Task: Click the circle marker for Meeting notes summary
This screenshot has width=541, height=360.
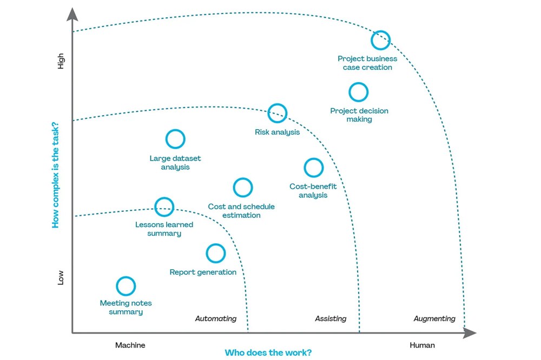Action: click(126, 286)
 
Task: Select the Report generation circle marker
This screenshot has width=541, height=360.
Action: click(216, 253)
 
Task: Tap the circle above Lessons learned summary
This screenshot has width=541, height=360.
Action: click(164, 206)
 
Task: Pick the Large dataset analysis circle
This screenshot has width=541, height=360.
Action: click(175, 139)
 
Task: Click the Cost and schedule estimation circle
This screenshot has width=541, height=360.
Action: click(243, 188)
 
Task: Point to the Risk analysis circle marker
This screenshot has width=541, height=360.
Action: click(278, 114)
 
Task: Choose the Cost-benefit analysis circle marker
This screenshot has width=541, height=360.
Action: click(314, 168)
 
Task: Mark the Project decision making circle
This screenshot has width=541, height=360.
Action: click(359, 92)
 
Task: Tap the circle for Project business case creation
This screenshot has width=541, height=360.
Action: click(381, 40)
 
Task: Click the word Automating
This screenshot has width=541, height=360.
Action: click(216, 319)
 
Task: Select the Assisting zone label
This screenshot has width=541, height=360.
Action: click(331, 319)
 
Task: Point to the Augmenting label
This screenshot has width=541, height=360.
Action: click(434, 319)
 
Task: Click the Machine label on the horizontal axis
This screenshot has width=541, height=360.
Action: click(130, 345)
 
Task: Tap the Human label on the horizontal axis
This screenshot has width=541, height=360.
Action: click(422, 345)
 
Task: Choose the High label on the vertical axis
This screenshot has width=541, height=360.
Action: click(61, 61)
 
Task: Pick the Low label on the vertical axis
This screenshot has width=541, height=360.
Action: click(61, 277)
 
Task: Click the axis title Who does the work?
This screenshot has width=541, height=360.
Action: click(268, 353)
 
